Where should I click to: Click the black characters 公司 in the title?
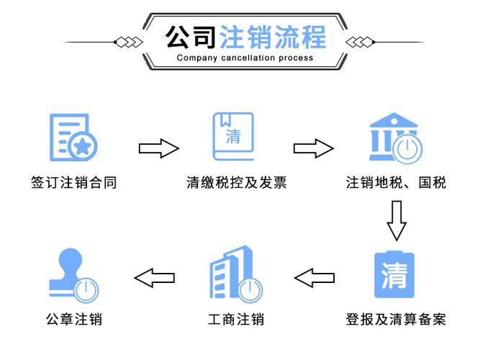pyautogui.click(x=191, y=37)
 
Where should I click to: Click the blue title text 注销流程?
pyautogui.click(x=273, y=37)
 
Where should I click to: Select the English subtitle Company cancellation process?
pyautogui.click(x=245, y=58)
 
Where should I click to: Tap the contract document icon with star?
pyautogui.click(x=73, y=138)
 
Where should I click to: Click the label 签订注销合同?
pyautogui.click(x=73, y=183)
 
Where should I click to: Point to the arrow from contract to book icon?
pyautogui.click(x=159, y=148)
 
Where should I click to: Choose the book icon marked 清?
pyautogui.click(x=233, y=136)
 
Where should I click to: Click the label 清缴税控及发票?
pyautogui.click(x=237, y=183)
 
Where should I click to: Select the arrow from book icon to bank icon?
pyautogui.click(x=314, y=148)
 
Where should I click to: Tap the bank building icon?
pyautogui.click(x=396, y=138)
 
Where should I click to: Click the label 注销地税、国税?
pyautogui.click(x=396, y=183)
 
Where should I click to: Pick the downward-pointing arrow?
pyautogui.click(x=397, y=220)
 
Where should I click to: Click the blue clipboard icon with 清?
pyautogui.click(x=394, y=274)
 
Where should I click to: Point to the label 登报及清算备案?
pyautogui.click(x=396, y=320)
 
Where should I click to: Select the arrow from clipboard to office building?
pyautogui.click(x=314, y=278)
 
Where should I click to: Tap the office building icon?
pyautogui.click(x=236, y=274)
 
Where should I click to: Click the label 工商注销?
pyautogui.click(x=236, y=320)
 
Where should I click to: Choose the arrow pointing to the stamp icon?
pyautogui.click(x=154, y=278)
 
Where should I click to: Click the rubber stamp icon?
pyautogui.click(x=73, y=275)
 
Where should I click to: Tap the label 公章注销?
pyautogui.click(x=73, y=320)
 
